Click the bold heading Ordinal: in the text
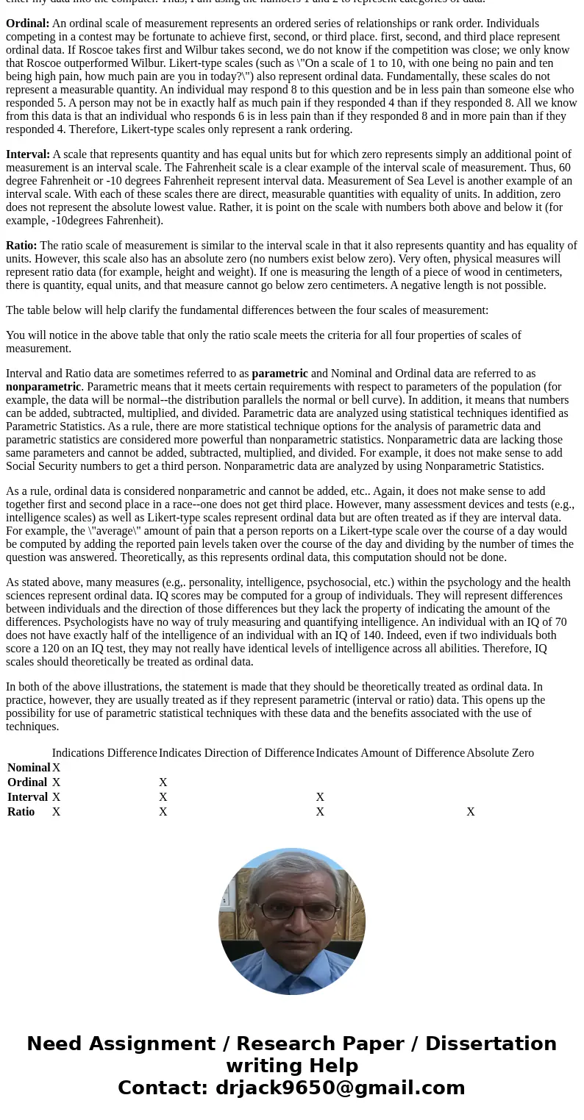click(x=27, y=24)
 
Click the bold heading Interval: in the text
click(x=28, y=154)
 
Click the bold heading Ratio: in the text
click(x=21, y=246)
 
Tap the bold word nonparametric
click(x=43, y=387)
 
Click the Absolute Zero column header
click(x=499, y=753)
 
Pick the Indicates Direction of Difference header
click(x=236, y=753)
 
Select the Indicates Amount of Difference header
click(x=390, y=753)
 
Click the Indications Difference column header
click(x=104, y=753)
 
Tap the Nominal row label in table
click(x=29, y=768)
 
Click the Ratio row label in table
click(x=21, y=812)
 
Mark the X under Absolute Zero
click(x=471, y=812)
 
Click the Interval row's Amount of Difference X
click(x=320, y=797)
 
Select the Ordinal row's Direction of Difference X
click(x=163, y=782)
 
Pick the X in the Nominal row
click(x=57, y=768)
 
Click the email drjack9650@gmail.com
click(x=340, y=1088)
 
